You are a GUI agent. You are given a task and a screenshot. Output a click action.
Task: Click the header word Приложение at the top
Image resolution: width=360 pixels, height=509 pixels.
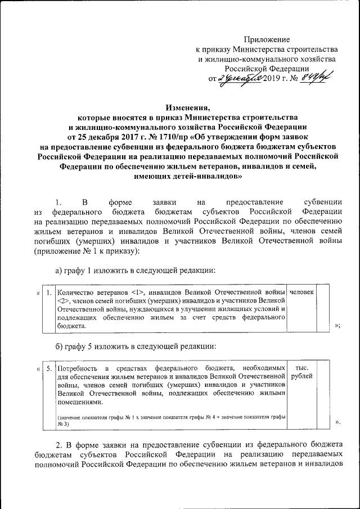pyautogui.click(x=267, y=39)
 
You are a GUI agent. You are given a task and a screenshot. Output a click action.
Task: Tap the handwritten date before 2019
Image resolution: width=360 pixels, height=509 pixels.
pyautogui.click(x=241, y=78)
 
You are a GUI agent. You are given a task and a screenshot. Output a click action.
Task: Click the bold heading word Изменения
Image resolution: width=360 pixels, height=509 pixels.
pyautogui.click(x=187, y=107)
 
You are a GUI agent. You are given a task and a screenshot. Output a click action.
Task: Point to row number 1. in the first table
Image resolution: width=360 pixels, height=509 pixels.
pyautogui.click(x=50, y=292)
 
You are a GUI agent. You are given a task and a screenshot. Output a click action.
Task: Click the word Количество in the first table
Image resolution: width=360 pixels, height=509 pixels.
pyautogui.click(x=77, y=292)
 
